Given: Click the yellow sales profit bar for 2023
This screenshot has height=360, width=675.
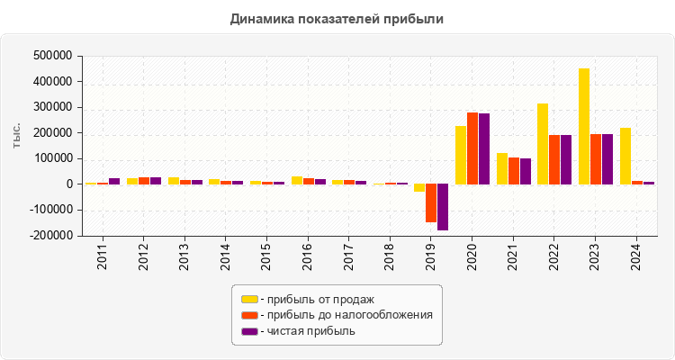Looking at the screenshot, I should (x=584, y=126).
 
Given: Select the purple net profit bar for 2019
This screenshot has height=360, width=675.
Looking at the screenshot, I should (x=443, y=207).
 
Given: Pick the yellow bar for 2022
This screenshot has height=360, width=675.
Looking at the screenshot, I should (x=543, y=144).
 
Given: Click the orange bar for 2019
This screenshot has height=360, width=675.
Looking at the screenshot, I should (x=431, y=202).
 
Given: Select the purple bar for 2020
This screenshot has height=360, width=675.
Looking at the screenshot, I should (x=484, y=148).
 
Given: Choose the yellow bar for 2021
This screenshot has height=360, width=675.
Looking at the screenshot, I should (x=502, y=168).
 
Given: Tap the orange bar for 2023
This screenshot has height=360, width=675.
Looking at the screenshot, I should (x=596, y=159).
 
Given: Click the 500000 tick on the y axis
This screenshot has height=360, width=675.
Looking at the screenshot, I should (x=51, y=56).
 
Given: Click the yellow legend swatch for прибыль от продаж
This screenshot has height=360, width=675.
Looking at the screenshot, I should (x=249, y=299).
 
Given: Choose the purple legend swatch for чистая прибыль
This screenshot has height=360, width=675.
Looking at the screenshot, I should (x=249, y=331).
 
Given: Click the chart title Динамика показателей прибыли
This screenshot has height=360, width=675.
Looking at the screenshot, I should (x=337, y=18).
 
